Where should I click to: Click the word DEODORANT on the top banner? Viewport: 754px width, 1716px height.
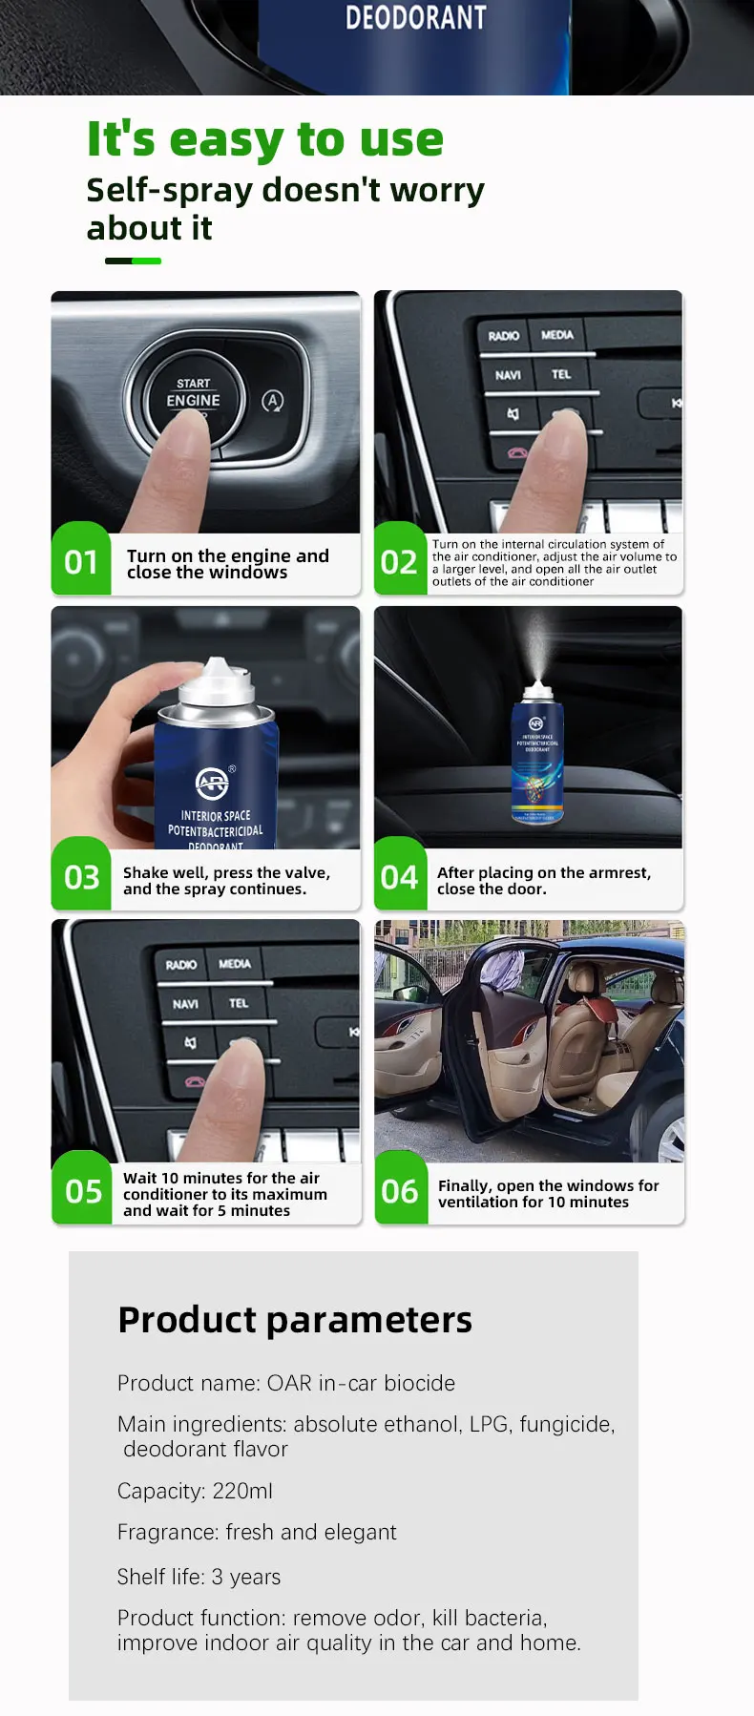[x=415, y=17]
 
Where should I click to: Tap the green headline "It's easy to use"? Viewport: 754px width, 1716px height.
[x=265, y=139]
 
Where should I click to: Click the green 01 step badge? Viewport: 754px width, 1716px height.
[x=81, y=561]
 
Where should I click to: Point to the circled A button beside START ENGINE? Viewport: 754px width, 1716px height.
[x=272, y=401]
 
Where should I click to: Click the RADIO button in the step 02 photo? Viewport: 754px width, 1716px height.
[x=503, y=336]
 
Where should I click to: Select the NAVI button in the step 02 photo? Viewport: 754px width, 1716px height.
[x=508, y=375]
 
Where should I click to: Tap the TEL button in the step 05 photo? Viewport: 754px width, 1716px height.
[x=239, y=1003]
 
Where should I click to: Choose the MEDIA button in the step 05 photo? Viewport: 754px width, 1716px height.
[x=235, y=964]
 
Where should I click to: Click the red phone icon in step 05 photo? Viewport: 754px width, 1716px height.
[x=196, y=1081]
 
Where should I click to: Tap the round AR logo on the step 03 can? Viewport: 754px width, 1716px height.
[x=212, y=784]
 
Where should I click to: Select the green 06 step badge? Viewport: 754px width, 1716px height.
[x=400, y=1191]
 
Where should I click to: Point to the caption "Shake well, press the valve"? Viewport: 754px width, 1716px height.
[x=226, y=872]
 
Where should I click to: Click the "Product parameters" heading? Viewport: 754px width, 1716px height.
[x=295, y=1320]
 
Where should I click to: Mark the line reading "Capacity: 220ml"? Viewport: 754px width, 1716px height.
[x=195, y=1491]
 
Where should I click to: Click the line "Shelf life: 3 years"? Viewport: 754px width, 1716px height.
[x=199, y=1577]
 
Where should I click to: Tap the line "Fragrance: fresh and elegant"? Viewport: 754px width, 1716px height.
[x=257, y=1532]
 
